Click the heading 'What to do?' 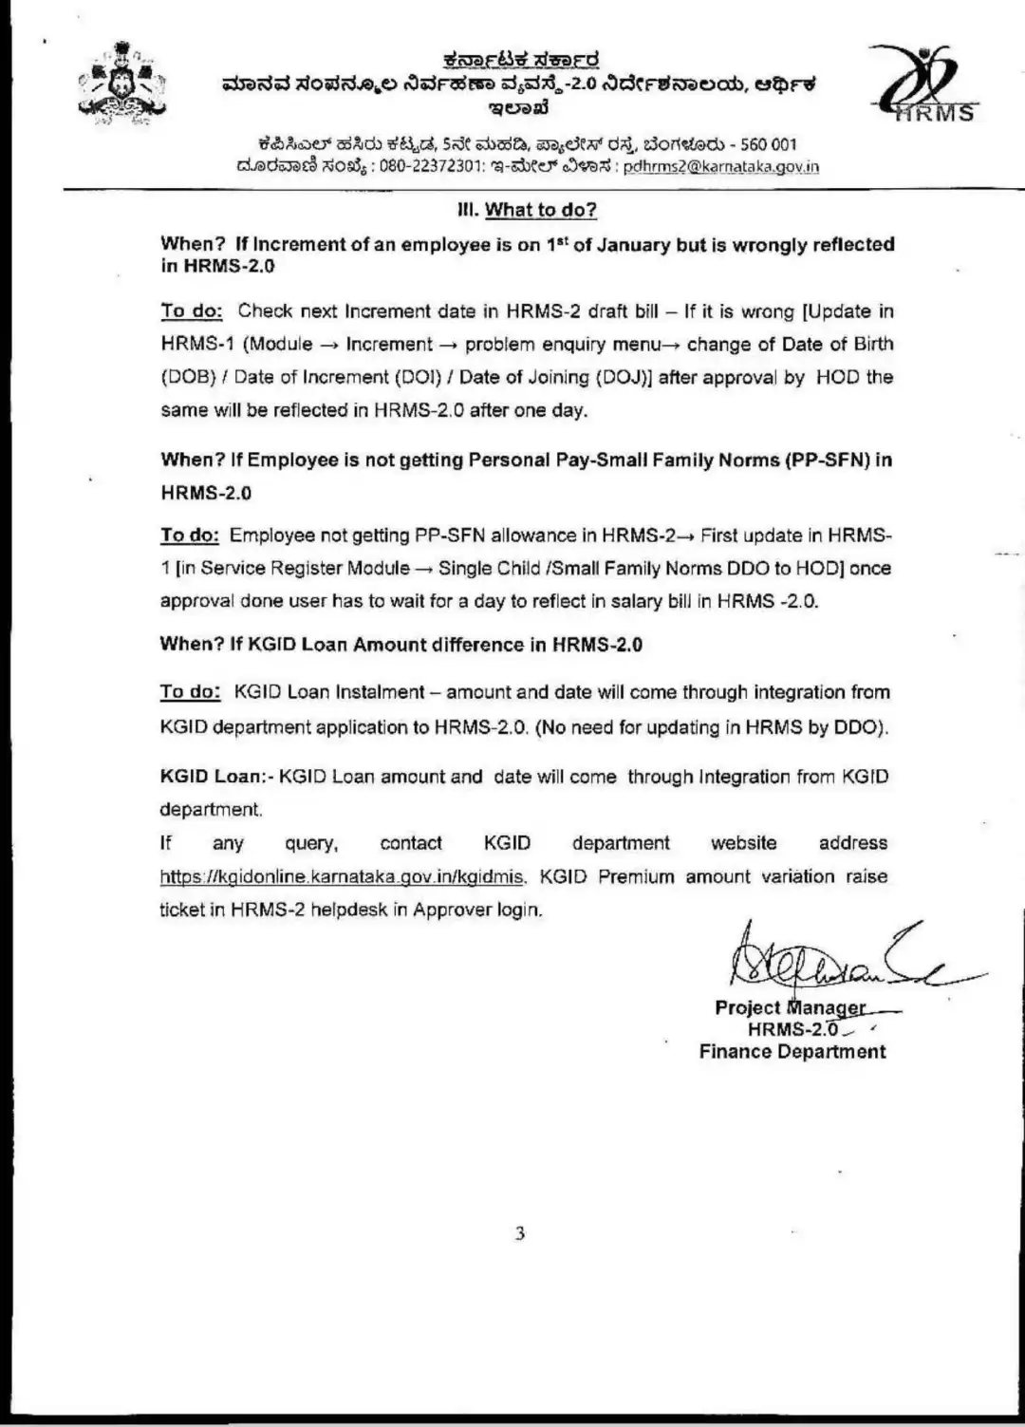coord(540,210)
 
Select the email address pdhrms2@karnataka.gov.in coord(720,166)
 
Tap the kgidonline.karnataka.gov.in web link coord(342,877)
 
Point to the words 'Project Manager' coord(790,1007)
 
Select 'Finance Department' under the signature coord(792,1052)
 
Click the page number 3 coord(519,1234)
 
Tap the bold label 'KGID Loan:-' coord(216,777)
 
